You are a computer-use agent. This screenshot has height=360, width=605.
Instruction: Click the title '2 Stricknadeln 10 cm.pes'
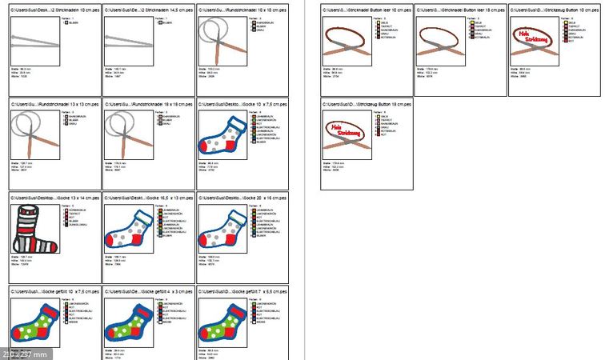point(56,10)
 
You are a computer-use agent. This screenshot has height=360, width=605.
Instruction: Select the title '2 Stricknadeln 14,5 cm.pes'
point(149,10)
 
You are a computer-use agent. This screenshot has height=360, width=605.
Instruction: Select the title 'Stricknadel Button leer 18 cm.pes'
point(459,10)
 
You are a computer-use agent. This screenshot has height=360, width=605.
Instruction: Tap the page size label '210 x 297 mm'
point(24,354)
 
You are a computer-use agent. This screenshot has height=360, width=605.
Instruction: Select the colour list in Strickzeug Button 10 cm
point(576,32)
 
